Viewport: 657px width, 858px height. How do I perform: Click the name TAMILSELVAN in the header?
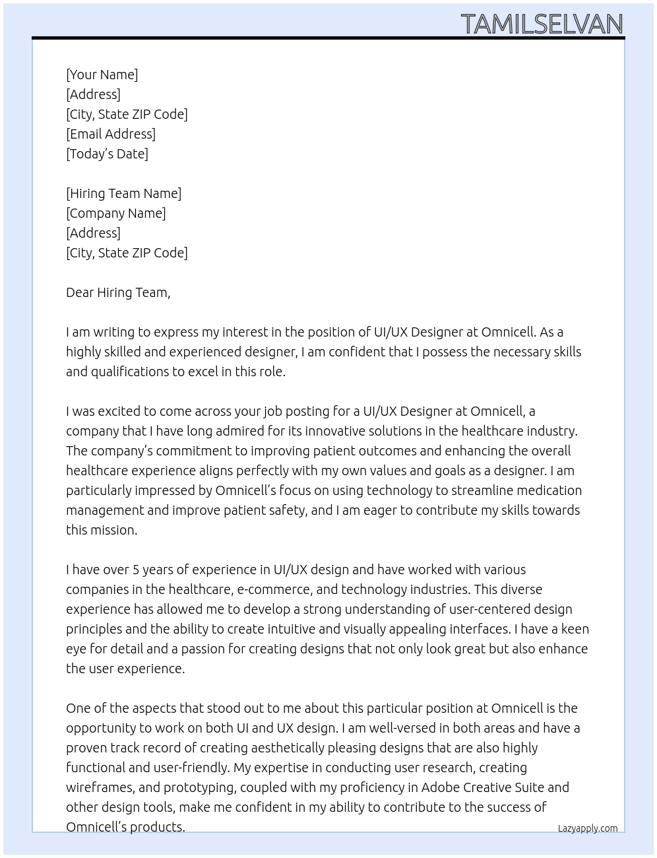(x=542, y=24)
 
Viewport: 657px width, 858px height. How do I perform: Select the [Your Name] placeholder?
(x=102, y=75)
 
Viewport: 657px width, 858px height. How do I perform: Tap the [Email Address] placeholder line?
(x=111, y=134)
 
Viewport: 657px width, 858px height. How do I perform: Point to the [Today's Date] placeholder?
(x=107, y=154)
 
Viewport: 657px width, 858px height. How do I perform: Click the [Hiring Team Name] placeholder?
(x=123, y=193)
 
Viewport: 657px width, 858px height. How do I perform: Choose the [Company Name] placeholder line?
(x=115, y=213)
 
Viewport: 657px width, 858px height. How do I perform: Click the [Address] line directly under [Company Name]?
(x=93, y=233)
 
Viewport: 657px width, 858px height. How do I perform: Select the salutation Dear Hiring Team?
(x=118, y=292)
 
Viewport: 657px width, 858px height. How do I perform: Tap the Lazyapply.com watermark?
(x=588, y=828)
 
